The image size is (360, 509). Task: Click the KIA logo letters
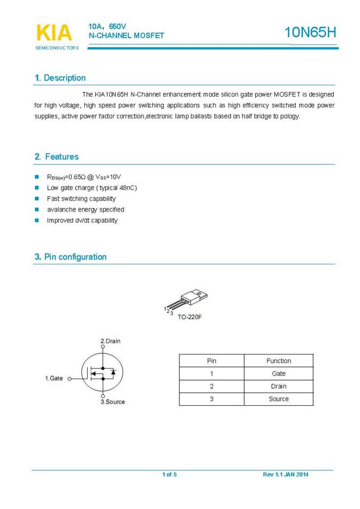click(x=54, y=33)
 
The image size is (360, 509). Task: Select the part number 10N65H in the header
click(x=311, y=33)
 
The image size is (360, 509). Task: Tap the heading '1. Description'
click(x=60, y=78)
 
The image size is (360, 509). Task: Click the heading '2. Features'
click(x=57, y=157)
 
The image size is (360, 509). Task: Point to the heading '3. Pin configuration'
click(x=71, y=257)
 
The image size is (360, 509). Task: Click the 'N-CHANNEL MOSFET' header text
click(x=126, y=36)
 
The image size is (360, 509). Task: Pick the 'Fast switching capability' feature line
click(x=81, y=199)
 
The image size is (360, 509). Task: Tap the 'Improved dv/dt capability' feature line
click(x=82, y=221)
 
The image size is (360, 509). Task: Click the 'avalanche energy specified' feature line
click(x=85, y=210)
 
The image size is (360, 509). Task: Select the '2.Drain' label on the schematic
click(x=110, y=342)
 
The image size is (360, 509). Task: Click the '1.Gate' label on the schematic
click(x=54, y=378)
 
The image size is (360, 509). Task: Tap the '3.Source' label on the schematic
click(x=113, y=402)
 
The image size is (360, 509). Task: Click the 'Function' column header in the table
click(x=278, y=361)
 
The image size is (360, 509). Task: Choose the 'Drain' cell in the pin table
click(x=278, y=387)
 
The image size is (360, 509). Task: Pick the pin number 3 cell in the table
click(x=212, y=399)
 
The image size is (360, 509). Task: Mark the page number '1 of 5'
click(x=169, y=475)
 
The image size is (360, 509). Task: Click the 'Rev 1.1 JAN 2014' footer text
click(x=285, y=475)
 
